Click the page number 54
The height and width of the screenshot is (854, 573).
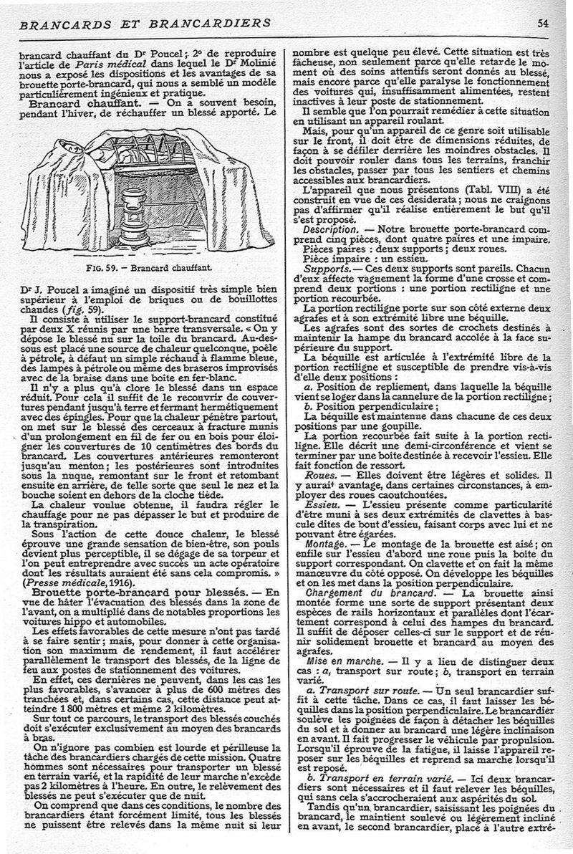(x=562, y=22)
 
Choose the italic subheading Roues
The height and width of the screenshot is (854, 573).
(x=317, y=474)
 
